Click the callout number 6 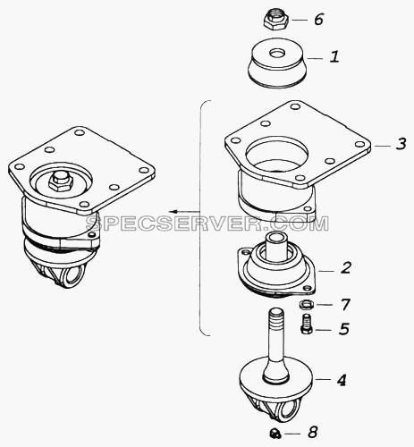(318, 20)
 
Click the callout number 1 (334, 56)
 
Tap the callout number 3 (401, 144)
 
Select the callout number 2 (346, 268)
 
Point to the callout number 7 (345, 304)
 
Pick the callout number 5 (344, 329)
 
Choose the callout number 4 (342, 380)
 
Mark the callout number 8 (313, 432)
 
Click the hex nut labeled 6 (276, 20)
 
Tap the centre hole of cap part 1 (277, 54)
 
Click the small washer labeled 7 (306, 305)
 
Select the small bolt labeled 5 (307, 324)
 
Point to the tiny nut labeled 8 (275, 433)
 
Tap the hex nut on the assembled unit (61, 181)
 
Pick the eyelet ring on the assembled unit (73, 275)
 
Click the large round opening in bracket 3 (277, 155)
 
